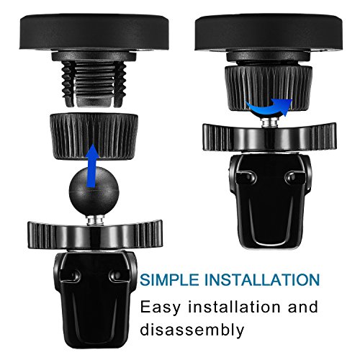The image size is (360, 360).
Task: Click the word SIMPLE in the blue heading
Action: pos(169,280)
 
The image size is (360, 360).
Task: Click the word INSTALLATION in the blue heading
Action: pos(262,280)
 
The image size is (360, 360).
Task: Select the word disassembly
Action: pos(192,329)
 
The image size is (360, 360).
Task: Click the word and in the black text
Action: pos(303,307)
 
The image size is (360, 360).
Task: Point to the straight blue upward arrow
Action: pos(93,166)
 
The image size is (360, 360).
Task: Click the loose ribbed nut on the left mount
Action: pos(94,136)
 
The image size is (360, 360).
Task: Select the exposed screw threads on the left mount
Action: pos(94,83)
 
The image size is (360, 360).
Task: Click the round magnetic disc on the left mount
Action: pos(94,32)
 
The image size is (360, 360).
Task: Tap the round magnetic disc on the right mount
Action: pos(269,33)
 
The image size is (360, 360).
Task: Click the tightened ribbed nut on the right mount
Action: pos(269,89)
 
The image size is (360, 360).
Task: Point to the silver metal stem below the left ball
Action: pos(94,220)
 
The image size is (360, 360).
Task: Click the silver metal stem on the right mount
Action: pos(269,122)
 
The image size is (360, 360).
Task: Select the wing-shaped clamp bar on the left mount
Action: pos(95,234)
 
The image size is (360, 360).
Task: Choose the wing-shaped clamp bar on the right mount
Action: pos(270,137)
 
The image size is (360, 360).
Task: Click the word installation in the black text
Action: pos(234,307)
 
